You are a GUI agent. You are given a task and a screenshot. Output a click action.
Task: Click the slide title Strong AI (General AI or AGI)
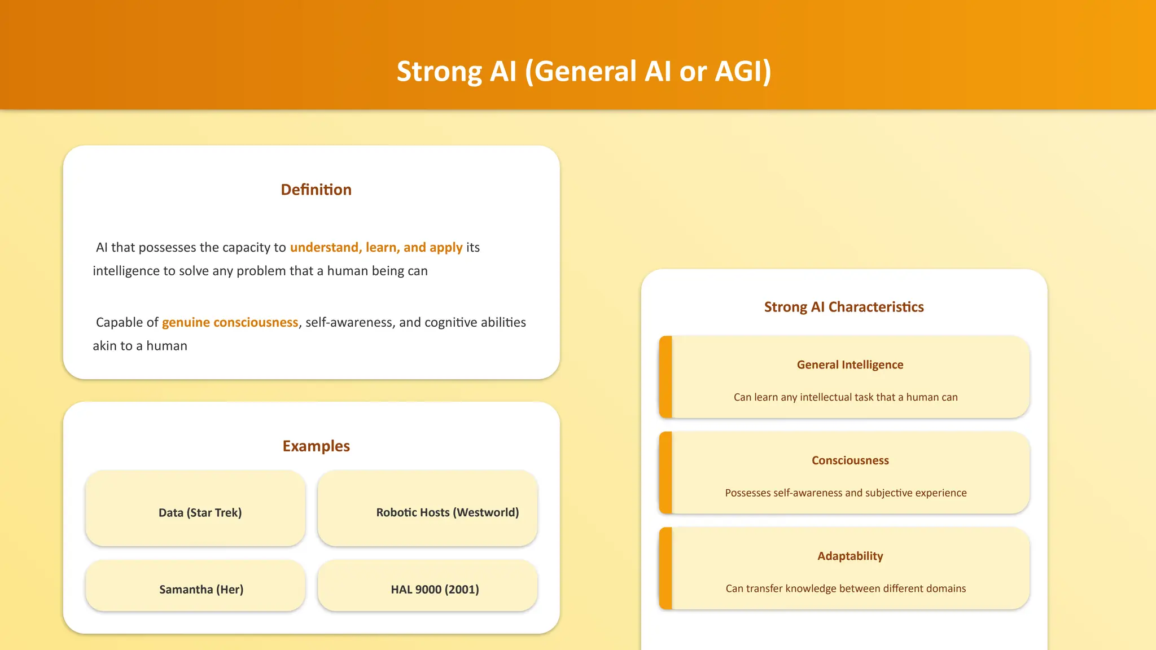584,72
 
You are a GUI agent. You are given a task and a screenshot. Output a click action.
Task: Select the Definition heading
316,190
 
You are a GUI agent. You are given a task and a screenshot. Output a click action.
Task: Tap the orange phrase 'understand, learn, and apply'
376,248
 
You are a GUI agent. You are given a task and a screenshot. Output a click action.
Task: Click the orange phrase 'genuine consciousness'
230,322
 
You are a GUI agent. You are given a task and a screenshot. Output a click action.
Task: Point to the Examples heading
316,446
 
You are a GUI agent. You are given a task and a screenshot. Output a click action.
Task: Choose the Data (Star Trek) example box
195,508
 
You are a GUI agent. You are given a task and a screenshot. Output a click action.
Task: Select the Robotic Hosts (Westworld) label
447,512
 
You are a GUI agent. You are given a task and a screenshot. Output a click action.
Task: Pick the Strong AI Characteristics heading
844,307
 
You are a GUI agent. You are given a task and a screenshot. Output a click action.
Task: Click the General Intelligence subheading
850,364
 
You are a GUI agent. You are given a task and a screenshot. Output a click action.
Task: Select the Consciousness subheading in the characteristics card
850,460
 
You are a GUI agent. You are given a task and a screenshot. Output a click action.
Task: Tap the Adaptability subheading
850,556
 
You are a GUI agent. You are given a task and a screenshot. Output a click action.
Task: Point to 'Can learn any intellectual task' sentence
846,397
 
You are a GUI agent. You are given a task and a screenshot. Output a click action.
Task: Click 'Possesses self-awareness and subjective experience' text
846,493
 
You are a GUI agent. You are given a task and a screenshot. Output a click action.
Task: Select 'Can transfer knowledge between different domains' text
846,588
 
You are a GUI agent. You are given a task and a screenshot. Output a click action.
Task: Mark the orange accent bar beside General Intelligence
665,377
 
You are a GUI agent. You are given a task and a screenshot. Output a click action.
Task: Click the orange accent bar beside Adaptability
665,568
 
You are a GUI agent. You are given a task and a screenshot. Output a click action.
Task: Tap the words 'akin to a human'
140,346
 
